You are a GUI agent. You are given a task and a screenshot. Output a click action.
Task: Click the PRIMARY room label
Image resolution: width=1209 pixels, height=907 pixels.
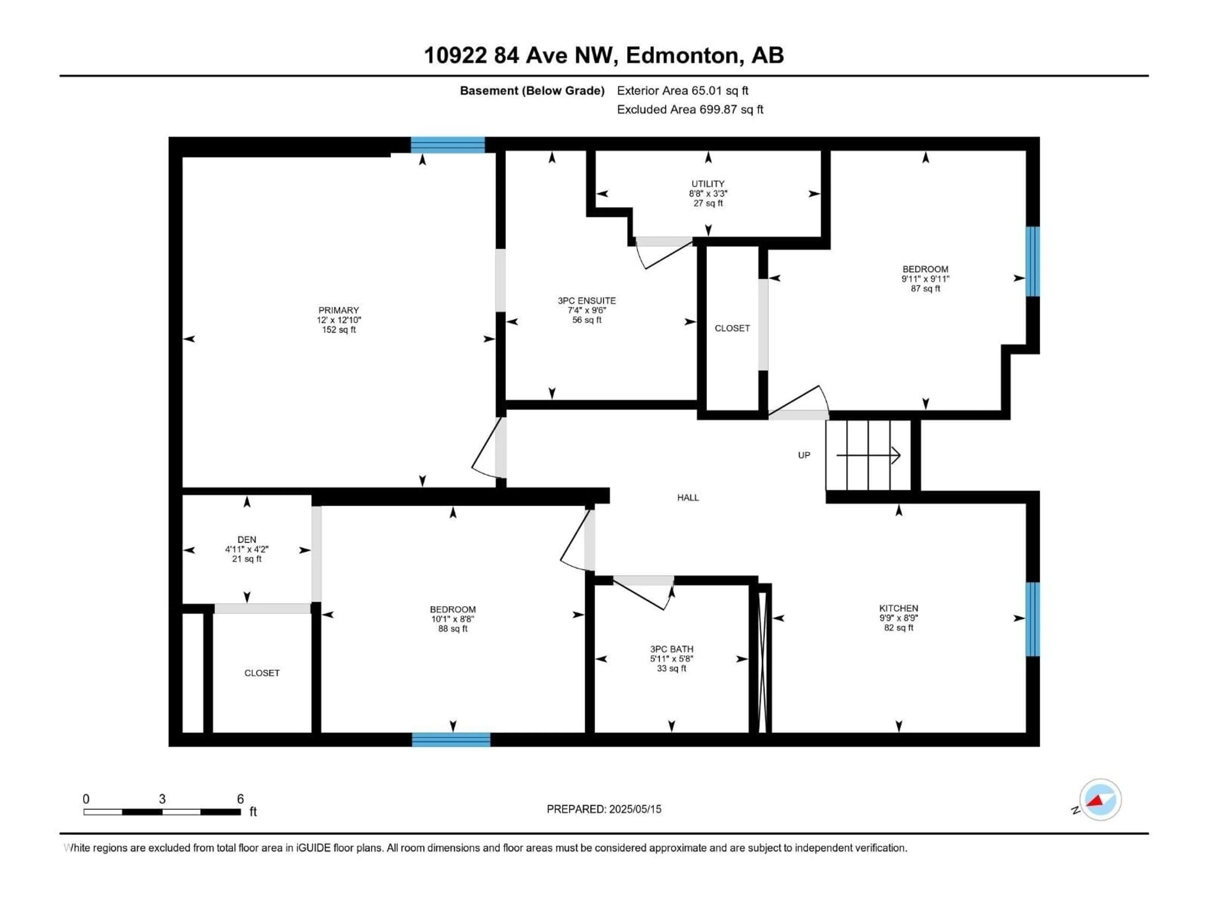click(x=338, y=310)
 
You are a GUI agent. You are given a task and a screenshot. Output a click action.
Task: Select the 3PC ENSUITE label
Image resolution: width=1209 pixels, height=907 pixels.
click(x=587, y=301)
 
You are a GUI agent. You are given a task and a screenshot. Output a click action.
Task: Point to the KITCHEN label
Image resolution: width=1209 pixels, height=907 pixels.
click(x=899, y=608)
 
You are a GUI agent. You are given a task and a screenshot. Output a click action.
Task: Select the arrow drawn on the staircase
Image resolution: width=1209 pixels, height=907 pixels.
click(x=869, y=455)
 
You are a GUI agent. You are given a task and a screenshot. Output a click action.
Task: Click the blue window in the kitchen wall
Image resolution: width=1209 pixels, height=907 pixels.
click(x=1032, y=619)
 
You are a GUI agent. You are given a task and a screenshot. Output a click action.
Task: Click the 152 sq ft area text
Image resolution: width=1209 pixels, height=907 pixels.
click(x=338, y=330)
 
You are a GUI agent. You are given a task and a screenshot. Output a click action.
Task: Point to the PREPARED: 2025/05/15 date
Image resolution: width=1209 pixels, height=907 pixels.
click(x=604, y=809)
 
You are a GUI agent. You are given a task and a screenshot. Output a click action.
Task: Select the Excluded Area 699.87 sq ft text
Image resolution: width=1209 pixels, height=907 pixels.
click(x=690, y=109)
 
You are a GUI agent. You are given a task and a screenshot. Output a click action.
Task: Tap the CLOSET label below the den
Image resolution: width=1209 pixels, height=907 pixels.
click(x=262, y=673)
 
